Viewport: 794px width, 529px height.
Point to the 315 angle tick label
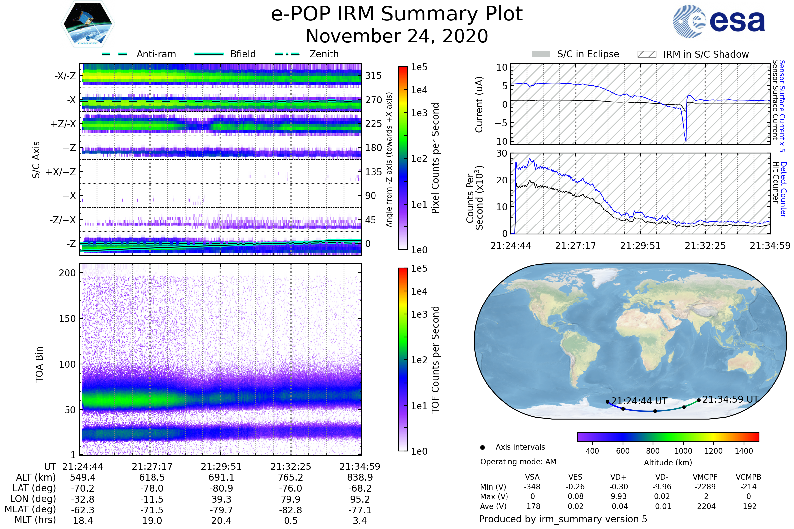(374, 76)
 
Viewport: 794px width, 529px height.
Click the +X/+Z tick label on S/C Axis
(61, 172)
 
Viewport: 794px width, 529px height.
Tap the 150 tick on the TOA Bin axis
(67, 319)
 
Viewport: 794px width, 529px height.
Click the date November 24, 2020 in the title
(397, 36)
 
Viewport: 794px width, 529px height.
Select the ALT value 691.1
(221, 477)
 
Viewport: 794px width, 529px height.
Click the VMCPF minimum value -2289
(705, 487)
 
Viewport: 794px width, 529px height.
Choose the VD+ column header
(618, 477)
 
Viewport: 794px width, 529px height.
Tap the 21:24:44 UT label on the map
(639, 401)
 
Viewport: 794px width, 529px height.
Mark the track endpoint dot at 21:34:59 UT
(699, 400)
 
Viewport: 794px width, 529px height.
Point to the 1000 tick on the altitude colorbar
(683, 451)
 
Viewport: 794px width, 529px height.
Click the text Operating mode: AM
(518, 462)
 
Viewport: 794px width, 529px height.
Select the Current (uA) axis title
(479, 104)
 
